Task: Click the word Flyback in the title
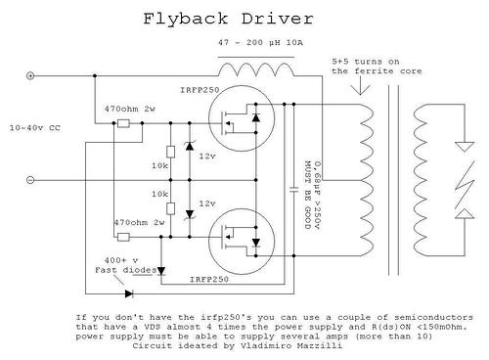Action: [x=186, y=19]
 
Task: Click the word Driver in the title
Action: [x=278, y=19]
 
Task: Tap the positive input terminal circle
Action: [x=30, y=76]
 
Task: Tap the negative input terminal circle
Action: [x=30, y=180]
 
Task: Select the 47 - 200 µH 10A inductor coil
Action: [x=256, y=69]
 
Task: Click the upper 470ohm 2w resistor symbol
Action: [x=123, y=123]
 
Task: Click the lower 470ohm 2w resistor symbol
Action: [x=123, y=237]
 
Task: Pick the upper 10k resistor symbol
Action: [x=170, y=153]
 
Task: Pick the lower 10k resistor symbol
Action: [x=170, y=208]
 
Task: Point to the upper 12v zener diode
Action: [x=190, y=146]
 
